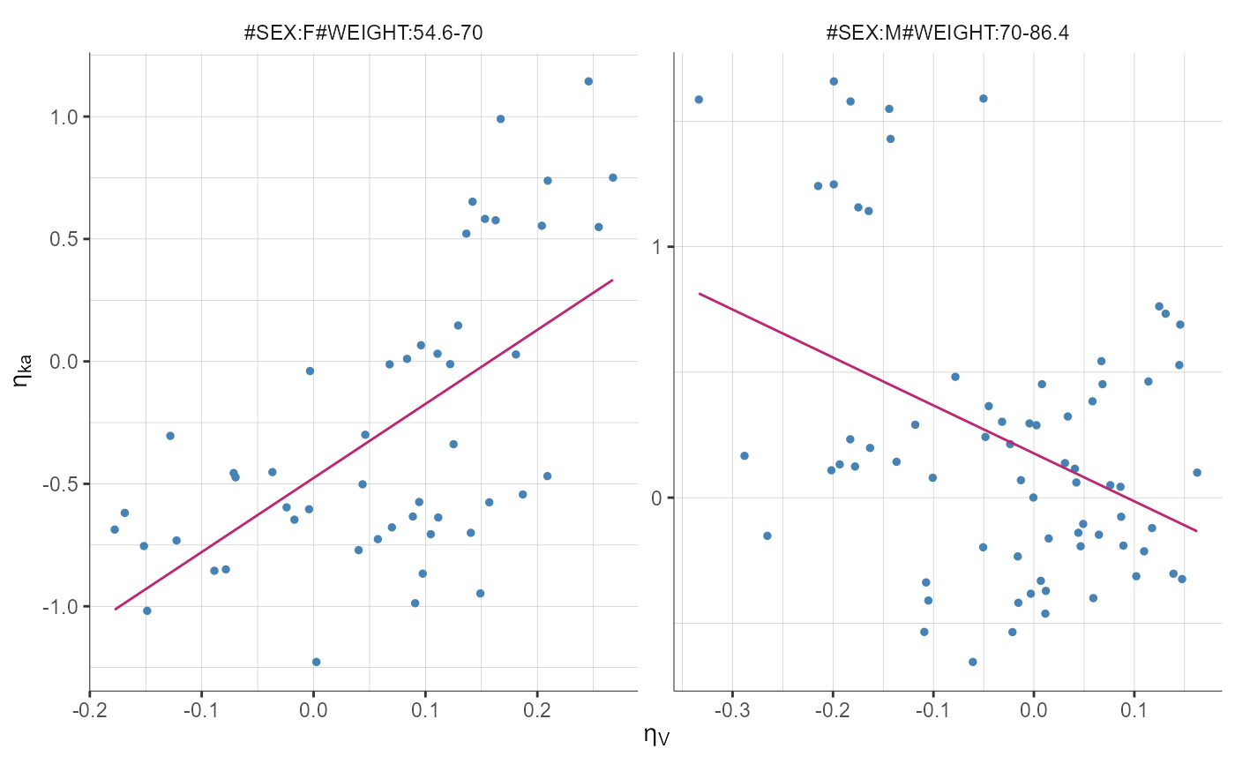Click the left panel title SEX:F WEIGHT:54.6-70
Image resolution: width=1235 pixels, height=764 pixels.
tap(363, 34)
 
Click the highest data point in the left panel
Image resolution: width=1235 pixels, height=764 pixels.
tap(588, 81)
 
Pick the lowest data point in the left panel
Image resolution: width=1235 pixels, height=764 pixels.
tap(316, 662)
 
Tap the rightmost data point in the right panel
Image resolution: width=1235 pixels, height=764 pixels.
tap(1197, 473)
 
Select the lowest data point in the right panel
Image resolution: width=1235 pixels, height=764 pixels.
tap(973, 662)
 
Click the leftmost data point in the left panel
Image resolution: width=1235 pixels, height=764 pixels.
tap(115, 529)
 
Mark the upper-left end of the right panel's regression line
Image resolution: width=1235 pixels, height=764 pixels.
tap(700, 293)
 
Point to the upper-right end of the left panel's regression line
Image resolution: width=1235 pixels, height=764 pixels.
tap(612, 281)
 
